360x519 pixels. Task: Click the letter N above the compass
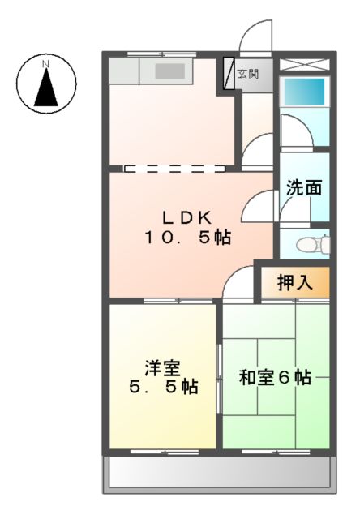[x=46, y=62]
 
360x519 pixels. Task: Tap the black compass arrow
[x=46, y=88]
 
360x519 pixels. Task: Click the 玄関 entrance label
[x=247, y=75]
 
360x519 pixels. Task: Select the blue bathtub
[x=303, y=91]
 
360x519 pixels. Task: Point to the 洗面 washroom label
[x=303, y=188]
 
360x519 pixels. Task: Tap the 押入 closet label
[x=294, y=283]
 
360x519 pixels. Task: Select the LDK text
[x=186, y=217]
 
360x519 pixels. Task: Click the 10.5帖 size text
[x=187, y=238]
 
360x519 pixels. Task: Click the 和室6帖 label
[x=275, y=378]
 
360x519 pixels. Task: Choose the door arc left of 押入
[x=240, y=284]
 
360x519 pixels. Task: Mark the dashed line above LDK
[x=174, y=170]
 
